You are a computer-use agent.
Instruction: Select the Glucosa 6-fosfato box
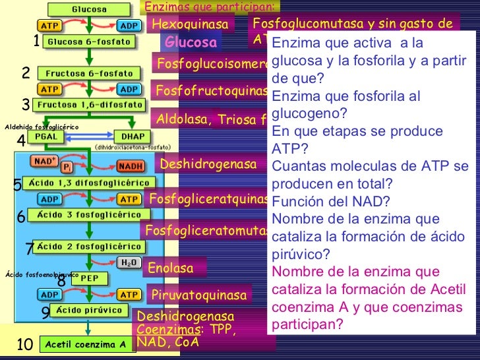point(89,42)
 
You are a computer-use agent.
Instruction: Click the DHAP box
point(129,135)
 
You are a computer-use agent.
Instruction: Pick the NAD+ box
point(45,161)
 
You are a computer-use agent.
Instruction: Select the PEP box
point(89,278)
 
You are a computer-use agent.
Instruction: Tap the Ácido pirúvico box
point(89,310)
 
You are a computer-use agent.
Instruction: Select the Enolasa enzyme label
point(171,268)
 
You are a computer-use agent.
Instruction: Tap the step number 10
point(24,344)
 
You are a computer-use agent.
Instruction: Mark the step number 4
point(20,140)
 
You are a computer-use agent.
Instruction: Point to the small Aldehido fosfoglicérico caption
point(42,125)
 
